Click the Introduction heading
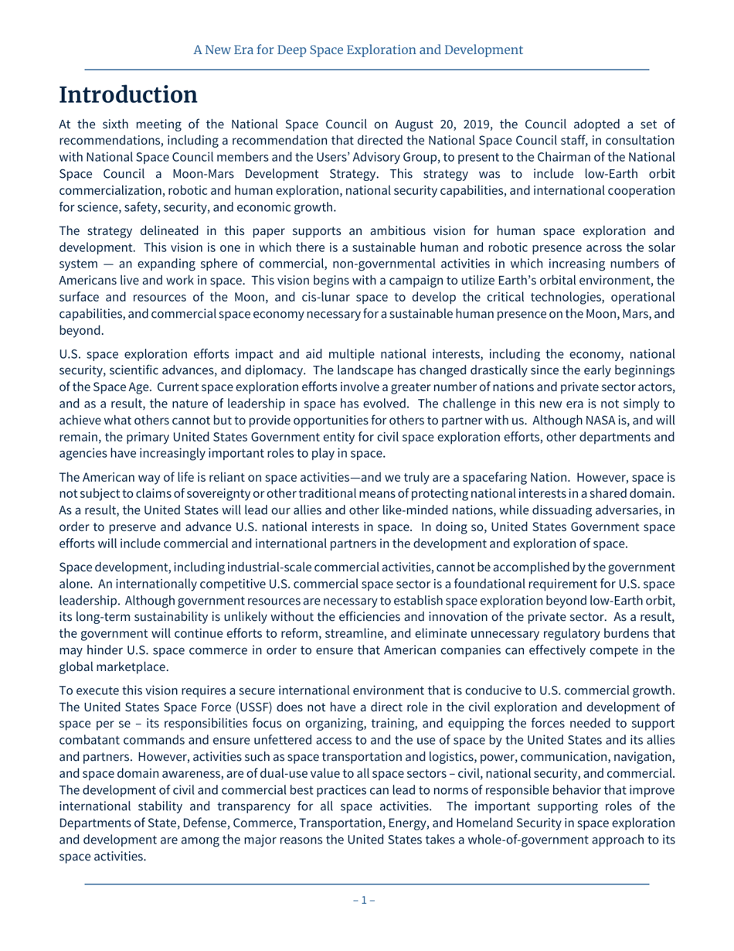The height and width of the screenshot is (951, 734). [128, 95]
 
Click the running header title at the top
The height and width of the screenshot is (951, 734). [359, 50]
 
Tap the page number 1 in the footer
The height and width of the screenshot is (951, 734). [364, 899]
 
